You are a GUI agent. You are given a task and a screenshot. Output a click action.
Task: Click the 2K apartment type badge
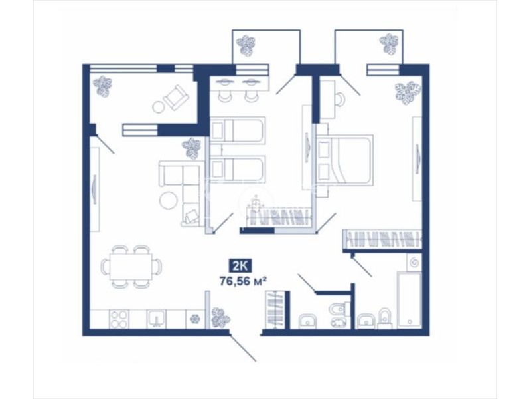coord(240,266)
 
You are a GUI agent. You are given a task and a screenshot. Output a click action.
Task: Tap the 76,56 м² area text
coord(242,281)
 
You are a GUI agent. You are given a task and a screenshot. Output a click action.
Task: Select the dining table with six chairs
coord(131,267)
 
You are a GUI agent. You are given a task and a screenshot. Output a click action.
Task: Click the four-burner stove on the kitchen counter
coord(119,319)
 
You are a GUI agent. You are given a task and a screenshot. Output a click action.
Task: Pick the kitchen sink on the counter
coord(157,319)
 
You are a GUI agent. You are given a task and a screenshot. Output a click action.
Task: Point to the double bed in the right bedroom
coord(344,160)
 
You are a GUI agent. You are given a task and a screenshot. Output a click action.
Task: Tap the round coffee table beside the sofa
coord(169,201)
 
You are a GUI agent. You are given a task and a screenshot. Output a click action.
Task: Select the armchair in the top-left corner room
coord(176,98)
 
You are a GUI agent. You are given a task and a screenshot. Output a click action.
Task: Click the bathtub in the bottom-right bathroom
coord(410,299)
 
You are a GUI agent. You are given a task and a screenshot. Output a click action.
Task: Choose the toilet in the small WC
coord(337,308)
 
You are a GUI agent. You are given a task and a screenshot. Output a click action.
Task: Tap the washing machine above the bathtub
coord(414,262)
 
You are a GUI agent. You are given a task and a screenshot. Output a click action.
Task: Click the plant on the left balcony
coord(246,45)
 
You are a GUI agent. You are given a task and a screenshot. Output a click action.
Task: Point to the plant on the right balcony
coord(390,43)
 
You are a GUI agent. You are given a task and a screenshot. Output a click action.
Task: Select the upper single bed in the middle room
coord(237,130)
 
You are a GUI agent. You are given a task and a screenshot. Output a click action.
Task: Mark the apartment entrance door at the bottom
coord(242,348)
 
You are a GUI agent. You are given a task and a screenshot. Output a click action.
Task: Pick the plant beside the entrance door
coord(220,319)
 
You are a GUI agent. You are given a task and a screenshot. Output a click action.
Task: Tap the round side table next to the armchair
coord(158,107)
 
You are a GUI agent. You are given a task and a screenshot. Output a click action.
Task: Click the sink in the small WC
coord(307,321)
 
